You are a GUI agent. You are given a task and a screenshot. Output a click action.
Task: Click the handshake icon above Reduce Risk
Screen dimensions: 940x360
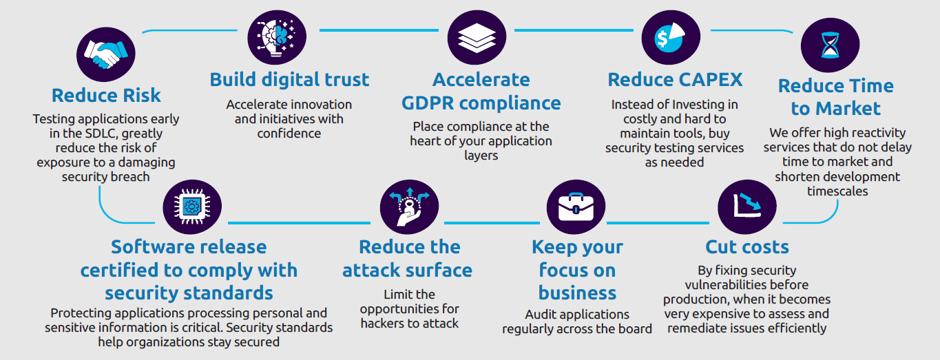pyautogui.click(x=106, y=54)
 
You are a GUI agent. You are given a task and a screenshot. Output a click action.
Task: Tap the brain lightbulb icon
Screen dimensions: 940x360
pyautogui.click(x=277, y=37)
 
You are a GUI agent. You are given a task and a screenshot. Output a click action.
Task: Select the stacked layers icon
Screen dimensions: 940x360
pyautogui.click(x=477, y=37)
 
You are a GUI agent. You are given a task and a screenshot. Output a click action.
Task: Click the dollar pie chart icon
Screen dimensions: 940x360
pyautogui.click(x=671, y=37)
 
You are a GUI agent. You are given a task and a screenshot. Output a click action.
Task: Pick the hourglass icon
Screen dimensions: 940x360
pyautogui.click(x=830, y=45)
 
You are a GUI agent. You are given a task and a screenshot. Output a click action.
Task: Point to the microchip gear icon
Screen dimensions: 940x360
pyautogui.click(x=192, y=207)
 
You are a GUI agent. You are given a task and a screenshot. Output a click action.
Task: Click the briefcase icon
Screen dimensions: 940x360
pyautogui.click(x=576, y=207)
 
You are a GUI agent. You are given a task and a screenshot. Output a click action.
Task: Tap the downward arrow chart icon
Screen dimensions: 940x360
pyautogui.click(x=747, y=207)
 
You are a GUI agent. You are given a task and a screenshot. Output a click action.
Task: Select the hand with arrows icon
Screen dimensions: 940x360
pyautogui.click(x=409, y=207)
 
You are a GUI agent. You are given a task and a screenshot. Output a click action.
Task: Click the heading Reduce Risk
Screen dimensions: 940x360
pyautogui.click(x=106, y=95)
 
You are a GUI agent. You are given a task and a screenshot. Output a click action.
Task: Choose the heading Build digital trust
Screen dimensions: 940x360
pyautogui.click(x=289, y=79)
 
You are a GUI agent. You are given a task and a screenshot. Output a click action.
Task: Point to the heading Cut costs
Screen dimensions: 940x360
pyautogui.click(x=747, y=246)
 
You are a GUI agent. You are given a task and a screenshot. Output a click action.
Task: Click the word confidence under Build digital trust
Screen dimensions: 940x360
pyautogui.click(x=289, y=134)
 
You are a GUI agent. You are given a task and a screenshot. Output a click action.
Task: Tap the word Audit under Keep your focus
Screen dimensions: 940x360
pyautogui.click(x=539, y=315)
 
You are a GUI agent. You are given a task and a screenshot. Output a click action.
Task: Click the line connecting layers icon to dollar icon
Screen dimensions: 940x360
pyautogui.click(x=574, y=30)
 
